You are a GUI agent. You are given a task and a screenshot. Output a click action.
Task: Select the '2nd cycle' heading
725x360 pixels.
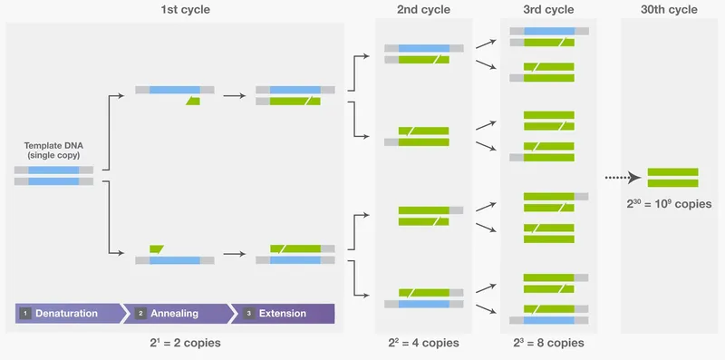[x=423, y=10]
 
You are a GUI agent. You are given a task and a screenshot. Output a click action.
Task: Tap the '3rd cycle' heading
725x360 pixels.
[x=549, y=10]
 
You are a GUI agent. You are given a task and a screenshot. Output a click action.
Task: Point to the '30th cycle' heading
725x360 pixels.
[x=672, y=10]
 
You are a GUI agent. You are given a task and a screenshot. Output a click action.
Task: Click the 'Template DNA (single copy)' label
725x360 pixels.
[x=53, y=151]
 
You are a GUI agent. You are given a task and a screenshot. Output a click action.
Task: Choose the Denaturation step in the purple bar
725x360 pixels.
[x=66, y=314]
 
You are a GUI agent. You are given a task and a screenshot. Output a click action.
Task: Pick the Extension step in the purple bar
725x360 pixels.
[x=282, y=314]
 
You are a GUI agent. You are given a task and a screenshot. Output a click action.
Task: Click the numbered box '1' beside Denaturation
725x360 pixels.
[x=25, y=314]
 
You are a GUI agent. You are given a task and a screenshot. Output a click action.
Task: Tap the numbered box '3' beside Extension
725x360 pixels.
[x=249, y=314]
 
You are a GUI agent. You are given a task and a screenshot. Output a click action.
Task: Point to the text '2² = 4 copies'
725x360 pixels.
[x=423, y=344]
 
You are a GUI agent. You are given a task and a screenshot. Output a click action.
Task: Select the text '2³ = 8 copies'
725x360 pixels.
[x=549, y=344]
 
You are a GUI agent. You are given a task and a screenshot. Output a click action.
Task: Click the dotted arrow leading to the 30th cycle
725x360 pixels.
[x=623, y=178]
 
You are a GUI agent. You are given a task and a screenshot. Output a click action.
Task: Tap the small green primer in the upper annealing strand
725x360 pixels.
[x=193, y=101]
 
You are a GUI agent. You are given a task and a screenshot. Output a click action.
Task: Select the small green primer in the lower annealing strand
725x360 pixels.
[x=156, y=248]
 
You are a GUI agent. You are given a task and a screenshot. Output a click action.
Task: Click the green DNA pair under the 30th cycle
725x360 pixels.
[x=672, y=178]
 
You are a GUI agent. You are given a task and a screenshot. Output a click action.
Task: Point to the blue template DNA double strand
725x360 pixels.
[x=53, y=175]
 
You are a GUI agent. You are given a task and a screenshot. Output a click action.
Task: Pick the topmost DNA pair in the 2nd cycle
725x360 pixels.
[x=424, y=54]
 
